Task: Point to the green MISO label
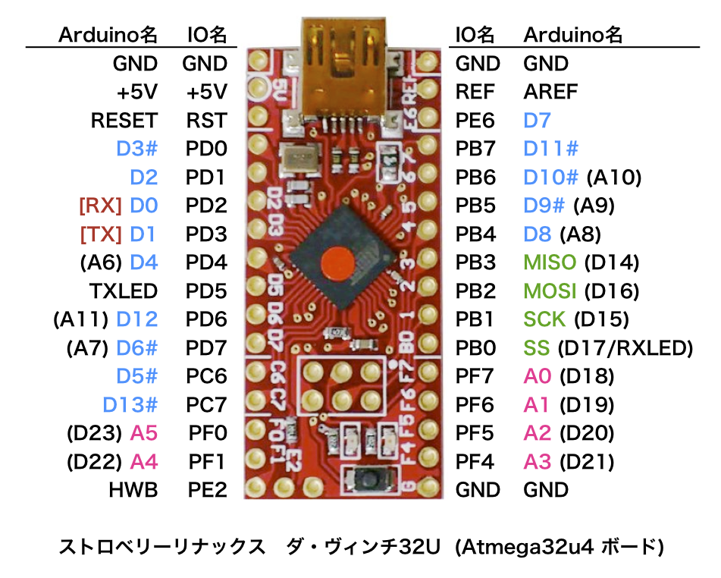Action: [x=550, y=262]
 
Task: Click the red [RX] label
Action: [x=100, y=206]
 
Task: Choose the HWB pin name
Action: [x=133, y=490]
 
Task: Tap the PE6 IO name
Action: [x=475, y=121]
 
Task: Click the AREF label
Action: [x=550, y=92]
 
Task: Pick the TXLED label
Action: [x=123, y=291]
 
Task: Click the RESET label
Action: [x=124, y=121]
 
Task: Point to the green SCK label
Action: [x=544, y=319]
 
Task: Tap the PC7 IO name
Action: [x=206, y=404]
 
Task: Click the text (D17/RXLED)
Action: [x=625, y=348]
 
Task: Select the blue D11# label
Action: [x=551, y=149]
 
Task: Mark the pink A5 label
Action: [x=144, y=433]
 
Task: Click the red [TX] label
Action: [x=100, y=234]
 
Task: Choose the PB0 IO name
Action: [x=475, y=348]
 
